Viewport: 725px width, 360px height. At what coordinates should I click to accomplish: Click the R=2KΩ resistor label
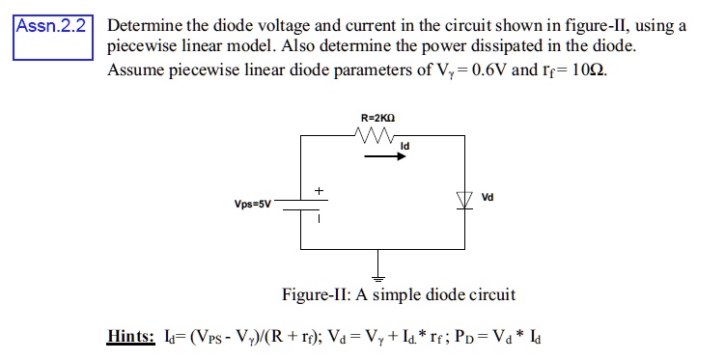coord(377,118)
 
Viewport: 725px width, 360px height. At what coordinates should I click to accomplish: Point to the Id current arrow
coord(383,161)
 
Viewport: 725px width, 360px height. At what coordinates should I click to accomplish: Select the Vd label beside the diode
coord(488,197)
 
